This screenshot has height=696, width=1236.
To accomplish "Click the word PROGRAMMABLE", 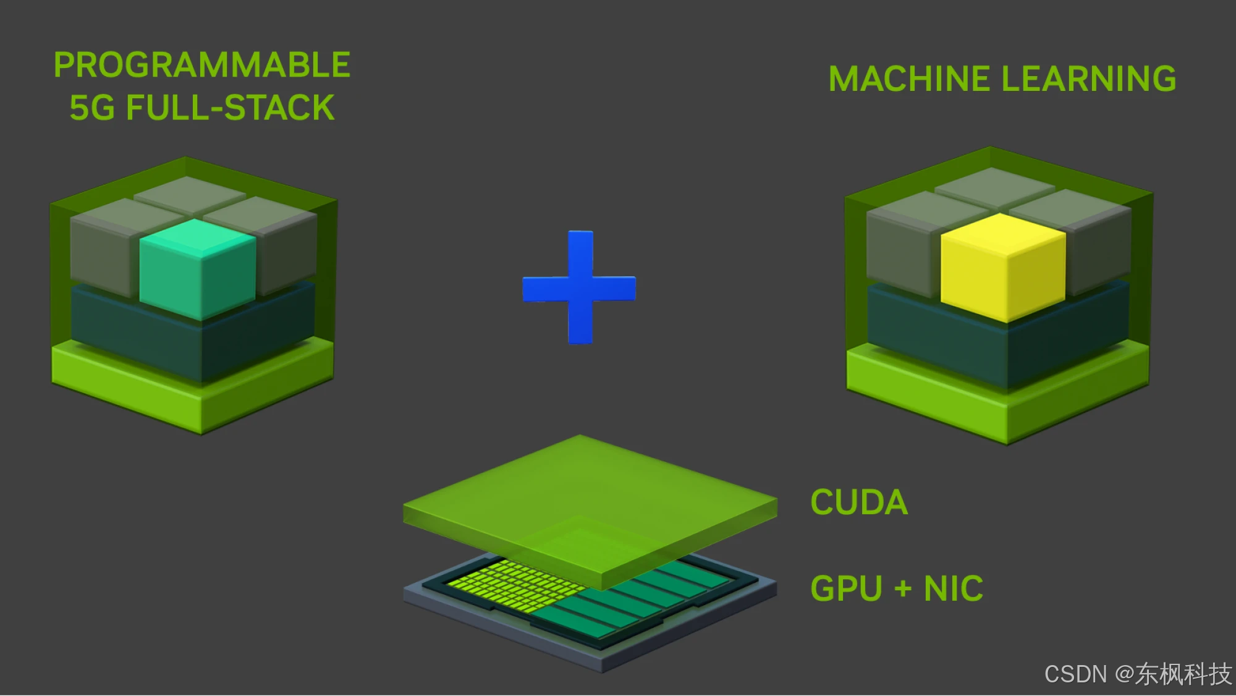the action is [x=202, y=65].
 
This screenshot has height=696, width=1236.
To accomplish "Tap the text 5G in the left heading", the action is [x=92, y=108].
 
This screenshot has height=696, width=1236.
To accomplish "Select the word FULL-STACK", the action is [x=230, y=108].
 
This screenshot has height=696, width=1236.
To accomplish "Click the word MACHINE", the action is [x=909, y=79].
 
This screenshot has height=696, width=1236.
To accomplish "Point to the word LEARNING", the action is [x=1088, y=79].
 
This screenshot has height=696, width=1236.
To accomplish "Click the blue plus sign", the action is [x=580, y=288].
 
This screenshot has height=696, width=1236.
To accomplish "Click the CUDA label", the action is [x=859, y=503].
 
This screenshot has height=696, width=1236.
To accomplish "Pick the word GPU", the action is [x=846, y=588].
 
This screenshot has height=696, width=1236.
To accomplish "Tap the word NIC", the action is [x=953, y=588].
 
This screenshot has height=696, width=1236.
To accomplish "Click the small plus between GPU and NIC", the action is [x=903, y=588].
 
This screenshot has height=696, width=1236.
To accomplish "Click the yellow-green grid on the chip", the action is [x=507, y=584].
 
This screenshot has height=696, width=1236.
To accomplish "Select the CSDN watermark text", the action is [x=1075, y=674].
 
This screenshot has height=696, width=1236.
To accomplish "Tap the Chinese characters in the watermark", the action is [x=1183, y=674].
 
